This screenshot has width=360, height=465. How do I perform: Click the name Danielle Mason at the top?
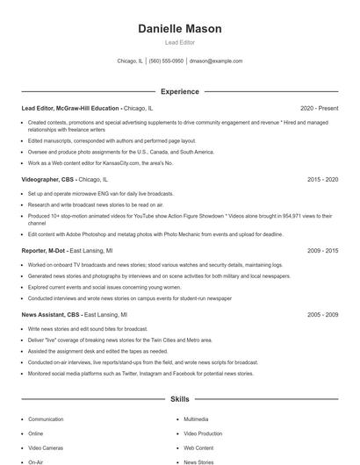(x=179, y=29)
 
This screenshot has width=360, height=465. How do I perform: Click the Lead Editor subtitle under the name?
(x=179, y=42)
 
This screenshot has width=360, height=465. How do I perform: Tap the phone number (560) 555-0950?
(x=166, y=61)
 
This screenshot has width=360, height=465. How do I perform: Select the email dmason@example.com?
(x=216, y=61)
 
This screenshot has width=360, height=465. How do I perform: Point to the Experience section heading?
(x=179, y=91)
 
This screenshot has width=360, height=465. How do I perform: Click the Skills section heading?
(x=179, y=399)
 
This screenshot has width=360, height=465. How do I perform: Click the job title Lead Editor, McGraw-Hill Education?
(x=70, y=108)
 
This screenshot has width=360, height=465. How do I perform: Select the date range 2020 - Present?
(x=319, y=108)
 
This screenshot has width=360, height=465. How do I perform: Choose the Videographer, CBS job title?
(x=48, y=179)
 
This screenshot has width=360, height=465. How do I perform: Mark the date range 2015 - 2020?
(x=322, y=179)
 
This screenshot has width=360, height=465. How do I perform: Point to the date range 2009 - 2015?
(x=322, y=250)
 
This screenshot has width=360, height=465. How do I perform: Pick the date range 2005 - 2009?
(x=322, y=314)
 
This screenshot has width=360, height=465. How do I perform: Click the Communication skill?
(x=46, y=419)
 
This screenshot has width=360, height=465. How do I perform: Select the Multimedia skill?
(x=196, y=419)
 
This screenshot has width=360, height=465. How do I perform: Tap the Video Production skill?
(x=203, y=433)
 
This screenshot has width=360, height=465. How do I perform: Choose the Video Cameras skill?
(x=47, y=447)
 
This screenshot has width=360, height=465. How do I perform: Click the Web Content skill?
(x=198, y=447)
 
